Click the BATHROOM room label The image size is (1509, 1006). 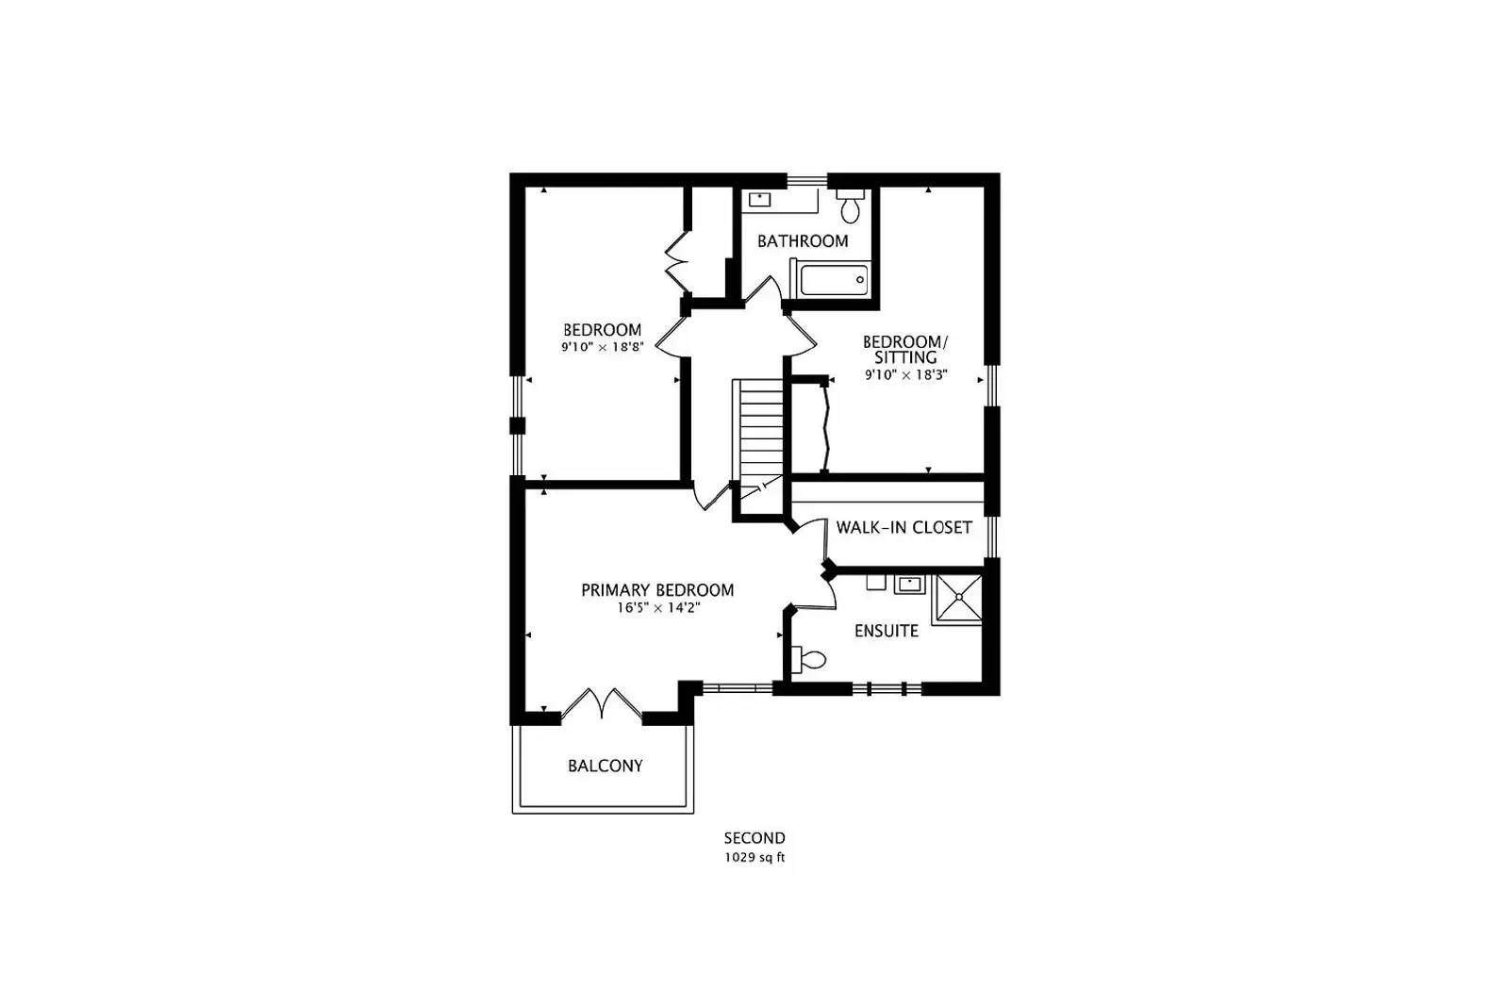tap(803, 241)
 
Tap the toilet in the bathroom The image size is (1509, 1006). tap(850, 206)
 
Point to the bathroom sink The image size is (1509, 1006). tap(760, 199)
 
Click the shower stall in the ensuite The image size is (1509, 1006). tap(957, 600)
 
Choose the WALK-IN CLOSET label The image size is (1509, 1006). tap(904, 527)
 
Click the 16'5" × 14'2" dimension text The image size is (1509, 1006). tap(658, 608)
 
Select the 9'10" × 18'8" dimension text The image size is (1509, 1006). tap(603, 348)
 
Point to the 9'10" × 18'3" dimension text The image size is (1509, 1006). tap(906, 375)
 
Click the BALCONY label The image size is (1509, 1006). tap(605, 766)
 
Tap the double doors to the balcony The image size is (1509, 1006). tap(602, 704)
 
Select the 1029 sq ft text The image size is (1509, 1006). tap(754, 858)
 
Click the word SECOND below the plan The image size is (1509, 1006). tap(754, 838)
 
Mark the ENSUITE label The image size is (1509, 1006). tap(887, 631)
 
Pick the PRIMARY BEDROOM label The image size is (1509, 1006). tap(657, 590)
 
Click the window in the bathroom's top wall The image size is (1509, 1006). tap(807, 180)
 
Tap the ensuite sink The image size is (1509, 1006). tap(909, 585)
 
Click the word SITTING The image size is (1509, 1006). tap(905, 357)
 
